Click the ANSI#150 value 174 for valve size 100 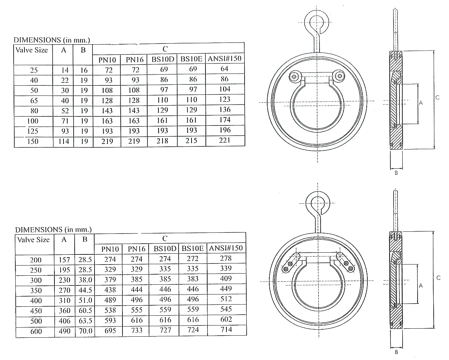[x=225, y=120]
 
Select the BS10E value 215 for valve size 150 [x=192, y=141]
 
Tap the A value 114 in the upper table [x=63, y=141]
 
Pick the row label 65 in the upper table [x=34, y=101]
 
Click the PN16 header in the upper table [x=135, y=60]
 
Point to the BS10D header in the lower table [x=164, y=248]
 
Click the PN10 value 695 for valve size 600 [x=110, y=331]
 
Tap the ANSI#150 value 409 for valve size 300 [x=226, y=278]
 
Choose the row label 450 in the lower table [x=36, y=311]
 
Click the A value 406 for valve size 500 [x=65, y=321]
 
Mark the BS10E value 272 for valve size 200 [x=193, y=259]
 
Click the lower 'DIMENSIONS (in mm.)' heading [x=53, y=229]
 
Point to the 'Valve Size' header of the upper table [x=31, y=50]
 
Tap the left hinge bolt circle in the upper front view [x=294, y=76]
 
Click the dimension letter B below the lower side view [x=396, y=352]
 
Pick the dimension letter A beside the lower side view [x=421, y=285]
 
